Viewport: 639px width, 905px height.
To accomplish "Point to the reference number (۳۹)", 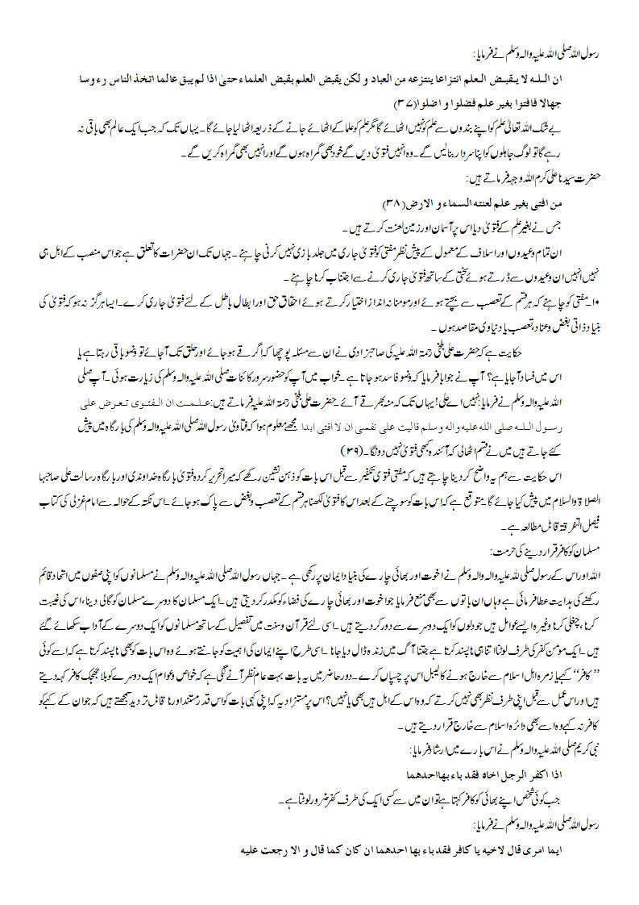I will [353, 448].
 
